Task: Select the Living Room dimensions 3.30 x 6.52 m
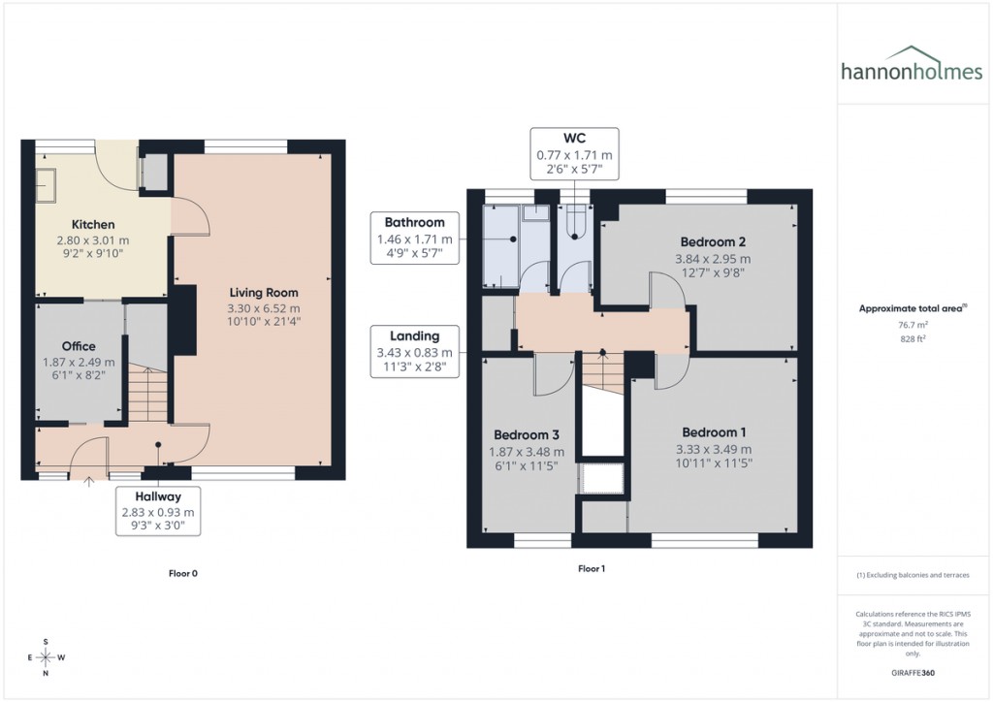coord(264,307)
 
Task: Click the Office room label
coord(79,346)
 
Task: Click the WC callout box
coord(574,154)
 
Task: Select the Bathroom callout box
coord(414,238)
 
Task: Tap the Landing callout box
coord(414,352)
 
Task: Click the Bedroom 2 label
coord(712,241)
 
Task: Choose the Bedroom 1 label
coord(714,432)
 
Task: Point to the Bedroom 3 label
coord(526,435)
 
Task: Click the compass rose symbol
coord(46,657)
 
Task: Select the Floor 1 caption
coord(591,569)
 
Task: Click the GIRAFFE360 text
coord(913,673)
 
